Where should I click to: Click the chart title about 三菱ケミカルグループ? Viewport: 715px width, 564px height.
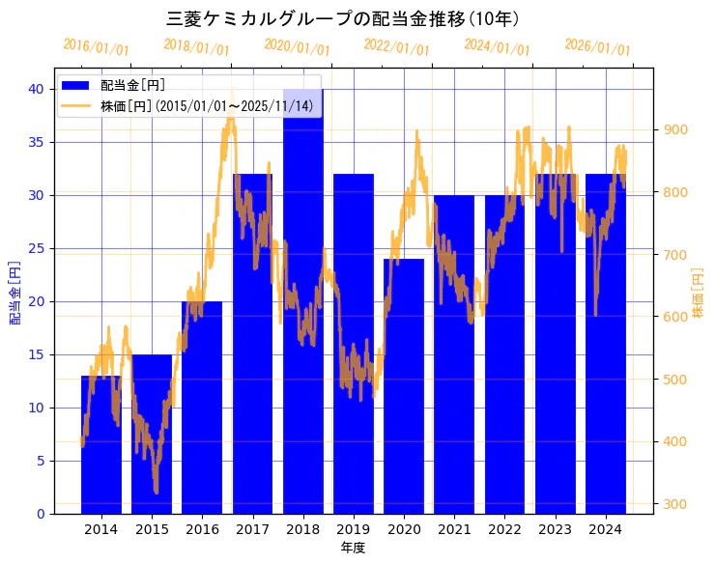pos(344,19)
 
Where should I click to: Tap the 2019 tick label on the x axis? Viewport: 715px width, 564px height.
pos(354,529)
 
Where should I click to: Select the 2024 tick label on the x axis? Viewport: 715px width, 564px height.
pos(605,529)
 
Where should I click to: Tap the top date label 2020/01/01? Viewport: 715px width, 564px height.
pos(297,47)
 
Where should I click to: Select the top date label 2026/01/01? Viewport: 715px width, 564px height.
pos(597,47)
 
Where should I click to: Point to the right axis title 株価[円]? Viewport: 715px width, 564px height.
pos(699,294)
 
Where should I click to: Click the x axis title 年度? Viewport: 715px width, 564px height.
pos(353,548)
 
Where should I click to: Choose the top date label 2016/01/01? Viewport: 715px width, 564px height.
pos(96,47)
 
